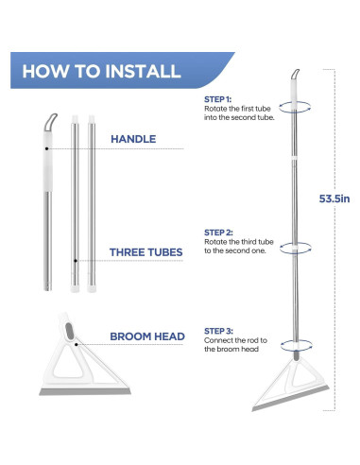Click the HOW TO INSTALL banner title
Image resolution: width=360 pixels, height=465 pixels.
click(x=101, y=71)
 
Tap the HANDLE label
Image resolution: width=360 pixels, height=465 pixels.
click(x=133, y=139)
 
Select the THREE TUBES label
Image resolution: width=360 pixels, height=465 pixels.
click(x=146, y=252)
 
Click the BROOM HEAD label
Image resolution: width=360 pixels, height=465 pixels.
click(x=147, y=336)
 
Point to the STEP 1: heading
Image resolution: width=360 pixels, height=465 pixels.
click(x=217, y=99)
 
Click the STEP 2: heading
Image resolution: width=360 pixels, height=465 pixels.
click(x=218, y=232)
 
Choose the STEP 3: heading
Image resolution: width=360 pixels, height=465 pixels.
click(x=218, y=331)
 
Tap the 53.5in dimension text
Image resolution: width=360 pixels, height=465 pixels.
click(x=334, y=198)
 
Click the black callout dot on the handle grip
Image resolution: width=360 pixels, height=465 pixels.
click(x=46, y=148)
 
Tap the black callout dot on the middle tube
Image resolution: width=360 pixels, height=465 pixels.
click(x=76, y=261)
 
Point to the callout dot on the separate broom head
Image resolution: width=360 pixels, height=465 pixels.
click(x=77, y=345)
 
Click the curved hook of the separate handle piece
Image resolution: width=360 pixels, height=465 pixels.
click(x=50, y=121)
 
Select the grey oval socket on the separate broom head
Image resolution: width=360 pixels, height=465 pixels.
click(x=69, y=331)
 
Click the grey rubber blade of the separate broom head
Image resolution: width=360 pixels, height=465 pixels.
click(x=85, y=391)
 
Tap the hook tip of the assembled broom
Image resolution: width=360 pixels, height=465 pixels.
click(x=298, y=70)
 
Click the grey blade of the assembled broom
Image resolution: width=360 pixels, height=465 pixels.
click(x=290, y=398)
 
